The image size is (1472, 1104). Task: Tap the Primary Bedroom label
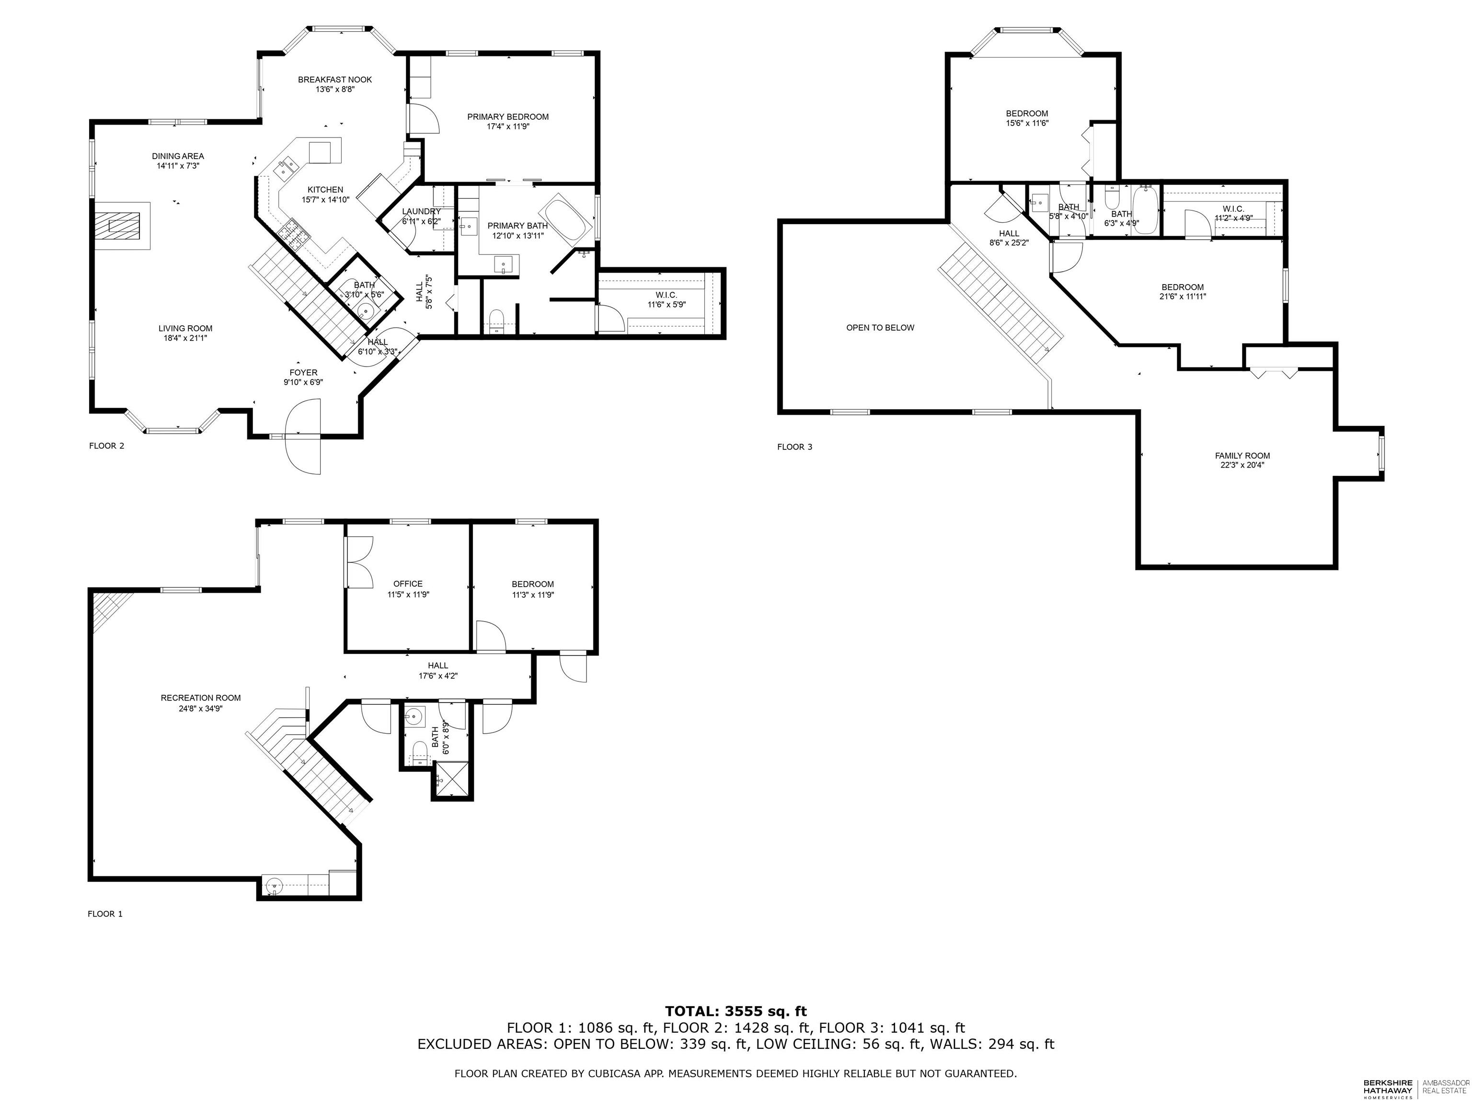(508, 117)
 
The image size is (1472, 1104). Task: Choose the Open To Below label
(880, 327)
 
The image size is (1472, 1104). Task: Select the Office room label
(408, 584)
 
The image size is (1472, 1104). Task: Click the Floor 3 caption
(794, 447)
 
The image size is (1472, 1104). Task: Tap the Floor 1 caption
(105, 914)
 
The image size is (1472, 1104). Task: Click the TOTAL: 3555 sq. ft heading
(736, 1012)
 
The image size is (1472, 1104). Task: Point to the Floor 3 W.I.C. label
(1233, 209)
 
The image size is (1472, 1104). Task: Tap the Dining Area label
(178, 156)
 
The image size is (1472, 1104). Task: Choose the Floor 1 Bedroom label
(532, 584)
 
